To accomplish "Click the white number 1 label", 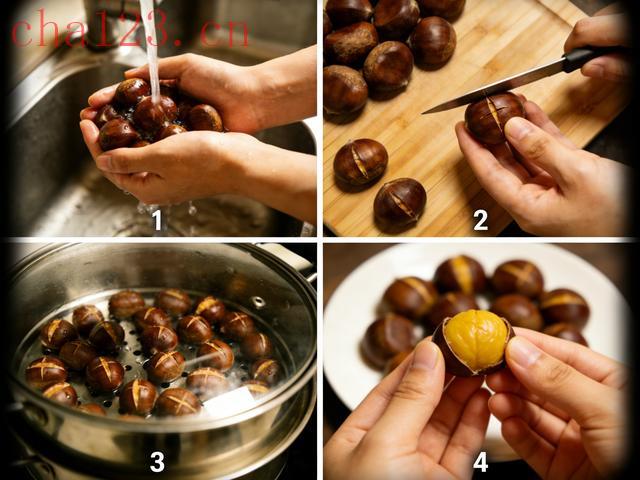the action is pyautogui.click(x=157, y=221).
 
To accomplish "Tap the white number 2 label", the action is pyautogui.click(x=480, y=220).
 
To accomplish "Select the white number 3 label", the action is pyautogui.click(x=157, y=462).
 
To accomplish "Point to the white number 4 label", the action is pyautogui.click(x=480, y=463).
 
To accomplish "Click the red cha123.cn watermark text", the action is pyautogui.click(x=130, y=29).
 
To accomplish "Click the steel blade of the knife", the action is pyautogui.click(x=494, y=87).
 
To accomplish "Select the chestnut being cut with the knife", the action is pyautogui.click(x=493, y=117).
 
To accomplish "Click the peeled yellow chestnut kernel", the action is pyautogui.click(x=476, y=340).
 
